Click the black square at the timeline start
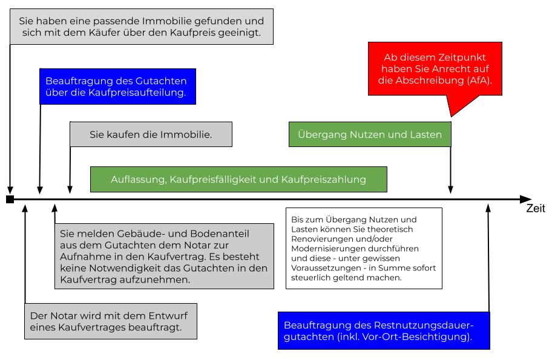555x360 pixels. tap(10, 199)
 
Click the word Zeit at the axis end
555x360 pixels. tap(535, 209)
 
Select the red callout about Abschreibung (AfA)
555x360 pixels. tap(435, 68)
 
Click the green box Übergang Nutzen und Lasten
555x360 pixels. tap(370, 135)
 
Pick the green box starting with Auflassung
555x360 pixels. tap(238, 179)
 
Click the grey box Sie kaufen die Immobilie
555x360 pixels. tap(151, 134)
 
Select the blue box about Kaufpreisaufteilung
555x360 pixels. tap(116, 87)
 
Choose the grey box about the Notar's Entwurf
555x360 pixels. tap(113, 322)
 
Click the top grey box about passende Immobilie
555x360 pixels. tap(142, 27)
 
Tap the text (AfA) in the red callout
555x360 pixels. tap(480, 80)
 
